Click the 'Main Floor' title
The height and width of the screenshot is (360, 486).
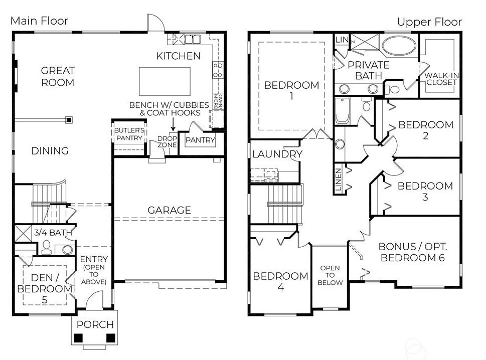pos(39,21)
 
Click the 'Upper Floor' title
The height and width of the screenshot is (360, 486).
pos(429,22)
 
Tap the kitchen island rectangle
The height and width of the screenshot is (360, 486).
pos(165,79)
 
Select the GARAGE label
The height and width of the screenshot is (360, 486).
pos(169,210)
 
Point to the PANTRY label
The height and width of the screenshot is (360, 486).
pos(200,140)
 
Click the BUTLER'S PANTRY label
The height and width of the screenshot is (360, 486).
pos(129,134)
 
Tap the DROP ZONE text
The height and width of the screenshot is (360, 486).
pos(167,142)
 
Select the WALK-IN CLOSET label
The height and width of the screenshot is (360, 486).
pos(441,79)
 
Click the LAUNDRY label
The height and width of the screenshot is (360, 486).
pos(277,154)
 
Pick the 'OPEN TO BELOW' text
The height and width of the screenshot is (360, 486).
pos(330,275)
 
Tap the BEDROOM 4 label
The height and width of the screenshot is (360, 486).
pos(280,281)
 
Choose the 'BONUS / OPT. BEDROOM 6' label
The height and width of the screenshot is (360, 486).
pos(412,252)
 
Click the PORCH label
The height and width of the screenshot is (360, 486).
pos(95,324)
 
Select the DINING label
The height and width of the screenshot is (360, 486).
pos(50,151)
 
